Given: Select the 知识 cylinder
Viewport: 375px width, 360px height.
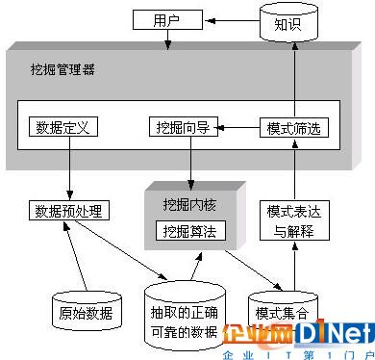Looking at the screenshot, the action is tap(288, 23).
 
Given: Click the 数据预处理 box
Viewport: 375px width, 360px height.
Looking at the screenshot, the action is tap(67, 211).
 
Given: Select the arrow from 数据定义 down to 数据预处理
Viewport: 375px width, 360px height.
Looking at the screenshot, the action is tap(69, 168).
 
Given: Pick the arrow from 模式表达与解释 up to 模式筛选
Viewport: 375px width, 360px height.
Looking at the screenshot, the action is tap(290, 168).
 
